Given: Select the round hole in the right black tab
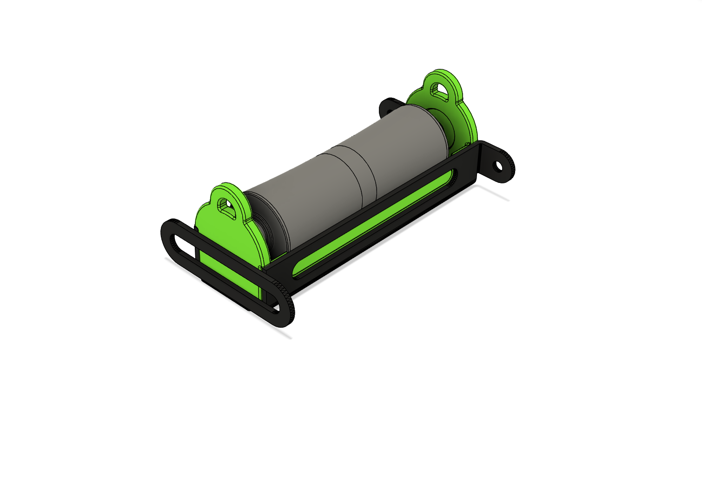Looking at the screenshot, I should (498, 165).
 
